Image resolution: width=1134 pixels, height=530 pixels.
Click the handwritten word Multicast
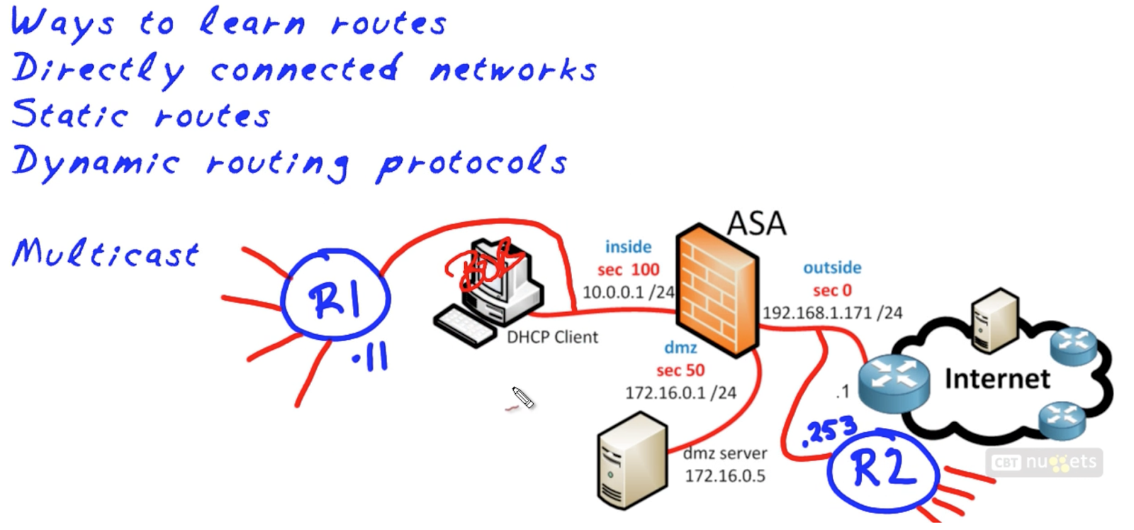(x=106, y=253)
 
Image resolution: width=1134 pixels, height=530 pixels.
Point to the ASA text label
(x=756, y=223)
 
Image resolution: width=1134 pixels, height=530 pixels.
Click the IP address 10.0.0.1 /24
(x=628, y=292)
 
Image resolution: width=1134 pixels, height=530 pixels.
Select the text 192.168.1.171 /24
(x=832, y=313)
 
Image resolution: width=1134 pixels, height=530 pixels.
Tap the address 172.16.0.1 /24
(x=680, y=392)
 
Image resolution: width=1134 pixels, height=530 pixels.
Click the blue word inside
(x=628, y=247)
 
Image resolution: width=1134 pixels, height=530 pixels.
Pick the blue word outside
(x=832, y=267)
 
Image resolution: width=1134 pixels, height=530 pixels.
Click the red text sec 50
(x=680, y=370)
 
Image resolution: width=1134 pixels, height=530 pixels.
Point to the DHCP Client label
(x=552, y=337)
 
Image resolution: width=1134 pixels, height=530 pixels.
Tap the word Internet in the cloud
(x=997, y=379)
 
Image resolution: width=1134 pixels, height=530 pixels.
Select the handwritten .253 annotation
(x=829, y=430)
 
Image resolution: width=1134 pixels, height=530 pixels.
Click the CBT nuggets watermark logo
(x=1043, y=463)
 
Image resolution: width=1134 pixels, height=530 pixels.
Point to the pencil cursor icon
(x=523, y=398)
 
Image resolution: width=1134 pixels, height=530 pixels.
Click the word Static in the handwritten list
(x=69, y=115)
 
